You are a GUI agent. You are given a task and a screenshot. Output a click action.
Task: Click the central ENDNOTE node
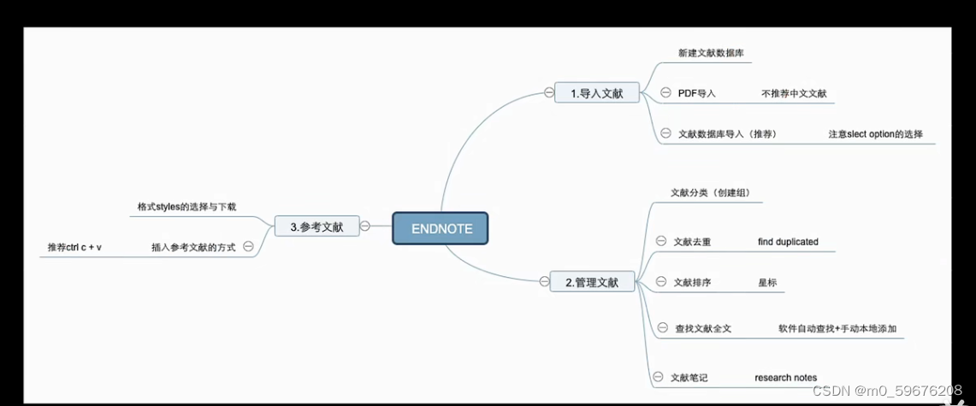click(440, 228)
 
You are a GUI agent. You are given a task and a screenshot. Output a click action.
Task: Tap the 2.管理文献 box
click(591, 281)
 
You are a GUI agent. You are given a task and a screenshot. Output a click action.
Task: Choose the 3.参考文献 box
click(316, 227)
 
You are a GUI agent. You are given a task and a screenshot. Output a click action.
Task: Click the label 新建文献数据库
click(710, 53)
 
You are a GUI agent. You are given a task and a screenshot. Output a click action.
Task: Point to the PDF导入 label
click(696, 93)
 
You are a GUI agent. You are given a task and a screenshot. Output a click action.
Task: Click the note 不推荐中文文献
click(794, 93)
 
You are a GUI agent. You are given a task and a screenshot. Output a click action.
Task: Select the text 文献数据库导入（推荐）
click(726, 134)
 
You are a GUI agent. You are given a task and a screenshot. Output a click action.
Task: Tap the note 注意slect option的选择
click(875, 134)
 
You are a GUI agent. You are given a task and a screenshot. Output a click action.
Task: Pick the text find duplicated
click(788, 242)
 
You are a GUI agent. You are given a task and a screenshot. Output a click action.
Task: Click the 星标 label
click(767, 282)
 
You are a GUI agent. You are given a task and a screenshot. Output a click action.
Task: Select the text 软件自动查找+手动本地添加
click(837, 328)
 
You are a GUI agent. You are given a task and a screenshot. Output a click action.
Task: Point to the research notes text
click(785, 377)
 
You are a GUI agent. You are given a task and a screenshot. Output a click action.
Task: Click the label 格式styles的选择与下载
click(186, 206)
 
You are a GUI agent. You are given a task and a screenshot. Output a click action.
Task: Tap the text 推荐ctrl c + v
click(74, 247)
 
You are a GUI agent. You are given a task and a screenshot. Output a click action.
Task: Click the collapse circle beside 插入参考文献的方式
click(248, 246)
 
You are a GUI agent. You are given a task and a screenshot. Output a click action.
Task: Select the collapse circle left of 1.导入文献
click(549, 92)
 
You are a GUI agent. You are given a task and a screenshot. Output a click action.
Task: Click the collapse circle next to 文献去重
click(660, 242)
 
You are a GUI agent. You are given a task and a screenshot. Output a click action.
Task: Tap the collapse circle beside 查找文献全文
click(661, 327)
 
